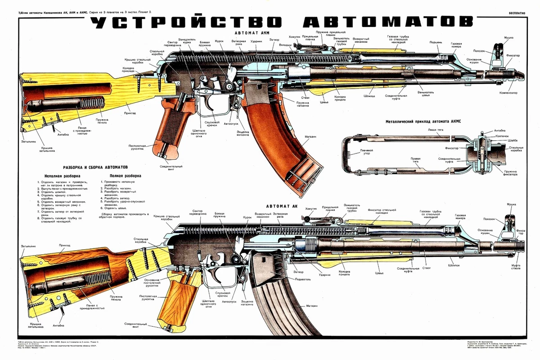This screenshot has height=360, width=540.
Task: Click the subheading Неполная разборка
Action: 63,175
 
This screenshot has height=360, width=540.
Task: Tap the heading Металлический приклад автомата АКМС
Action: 424,121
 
